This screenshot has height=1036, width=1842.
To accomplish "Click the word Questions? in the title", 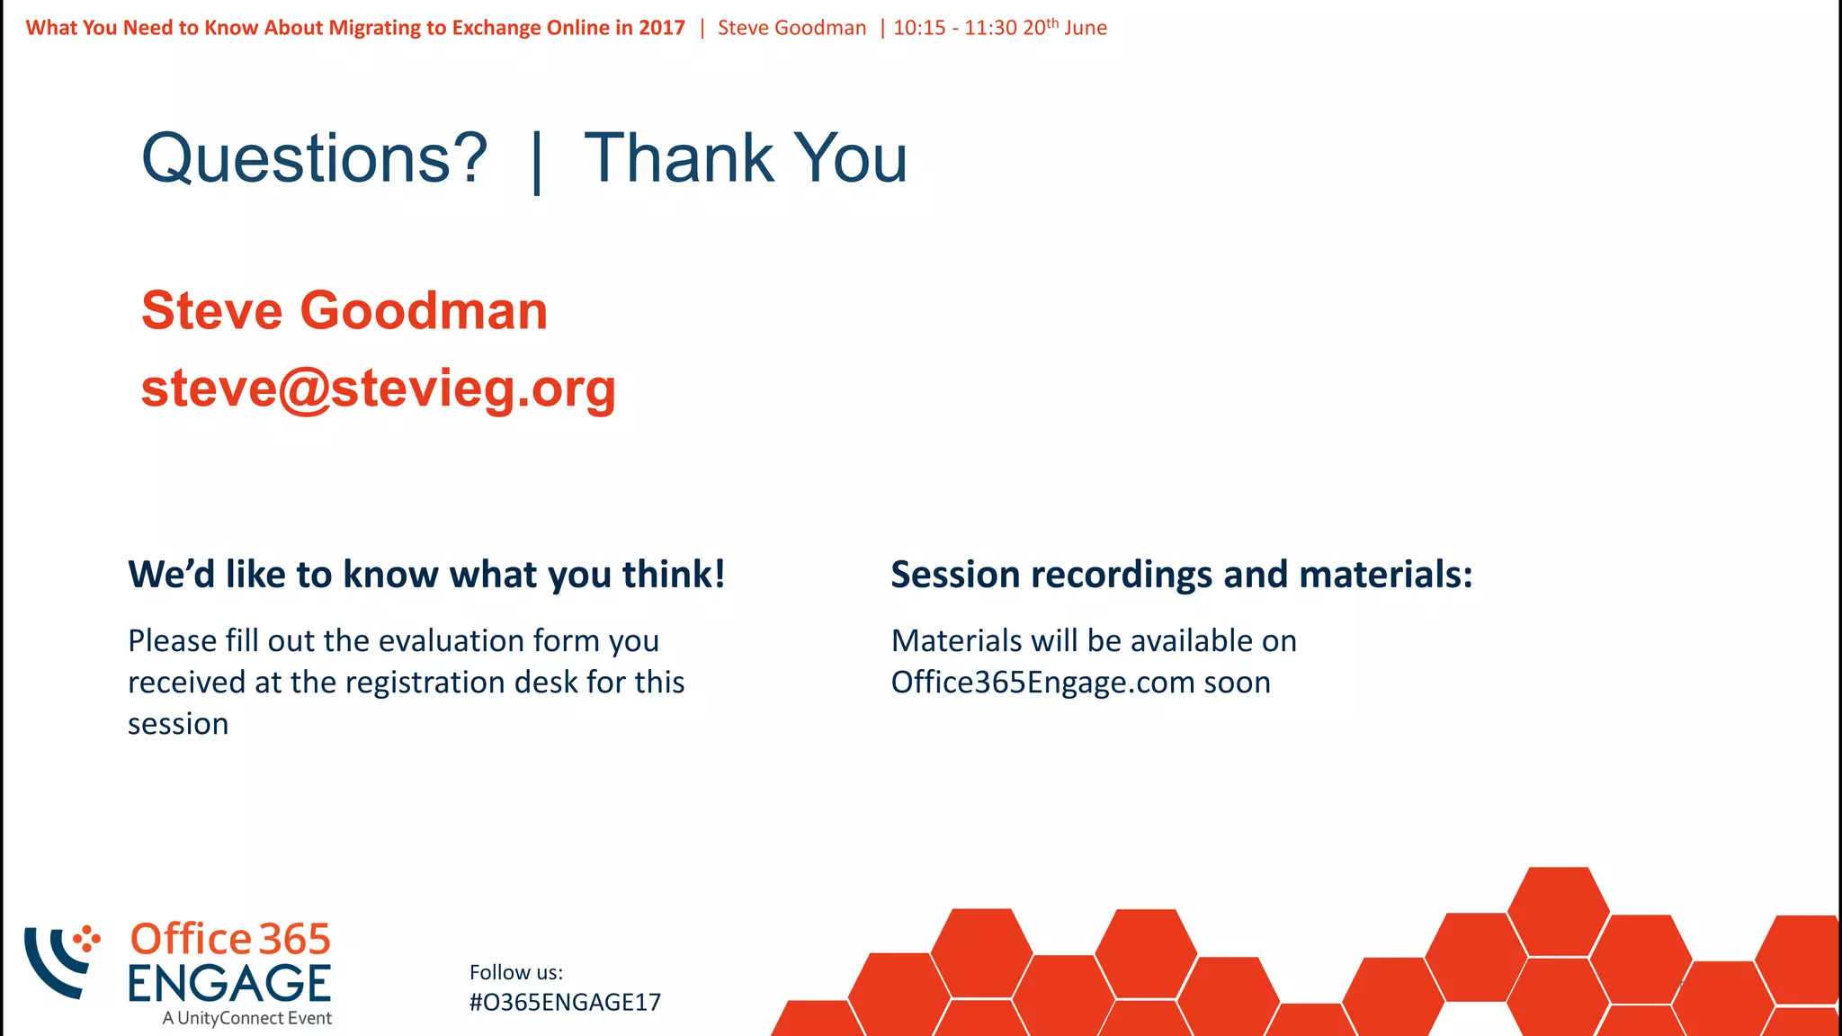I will coord(314,159).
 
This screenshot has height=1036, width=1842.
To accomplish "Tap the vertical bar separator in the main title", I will coord(537,162).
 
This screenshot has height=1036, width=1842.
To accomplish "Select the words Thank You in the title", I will coord(746,159).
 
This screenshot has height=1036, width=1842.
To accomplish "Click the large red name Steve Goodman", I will coord(344,311).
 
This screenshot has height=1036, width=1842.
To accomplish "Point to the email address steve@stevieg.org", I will coord(379,389).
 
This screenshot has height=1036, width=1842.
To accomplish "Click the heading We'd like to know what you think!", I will coord(426,575).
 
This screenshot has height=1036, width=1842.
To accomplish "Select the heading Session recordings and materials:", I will coord(1181,575).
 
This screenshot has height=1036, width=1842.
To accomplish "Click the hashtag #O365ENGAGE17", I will coord(565,1003).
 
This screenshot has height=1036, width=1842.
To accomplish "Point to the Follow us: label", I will coord(516,972).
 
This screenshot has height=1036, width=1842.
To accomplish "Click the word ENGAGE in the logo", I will coord(229,984).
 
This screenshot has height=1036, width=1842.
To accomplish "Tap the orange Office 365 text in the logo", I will coord(230,940).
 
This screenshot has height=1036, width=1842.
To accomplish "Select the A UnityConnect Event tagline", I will coord(246,1018).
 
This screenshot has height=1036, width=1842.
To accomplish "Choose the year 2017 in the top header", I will coord(662,28).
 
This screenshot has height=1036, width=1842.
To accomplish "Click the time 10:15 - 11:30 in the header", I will coord(954,28).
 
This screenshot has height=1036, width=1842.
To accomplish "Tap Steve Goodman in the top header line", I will coord(791,28).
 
